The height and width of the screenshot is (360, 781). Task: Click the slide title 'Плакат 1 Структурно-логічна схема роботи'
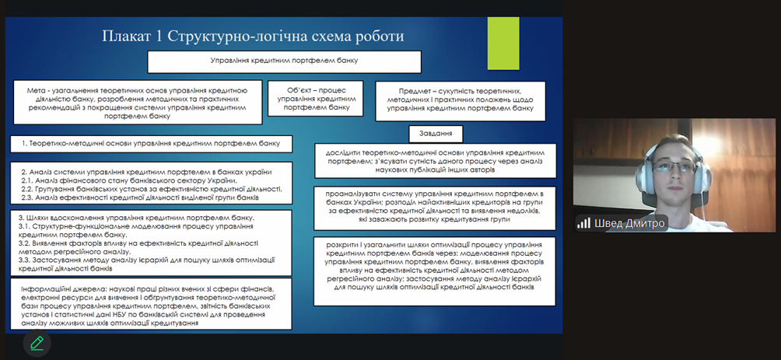click(254, 37)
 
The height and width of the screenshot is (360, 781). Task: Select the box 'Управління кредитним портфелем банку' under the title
click(284, 61)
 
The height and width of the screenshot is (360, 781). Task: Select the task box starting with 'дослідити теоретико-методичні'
click(435, 160)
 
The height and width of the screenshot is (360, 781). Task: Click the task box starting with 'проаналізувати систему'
click(435, 205)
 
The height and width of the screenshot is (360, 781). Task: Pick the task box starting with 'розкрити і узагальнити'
click(435, 265)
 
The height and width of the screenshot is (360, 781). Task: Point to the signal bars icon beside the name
click(583, 223)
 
